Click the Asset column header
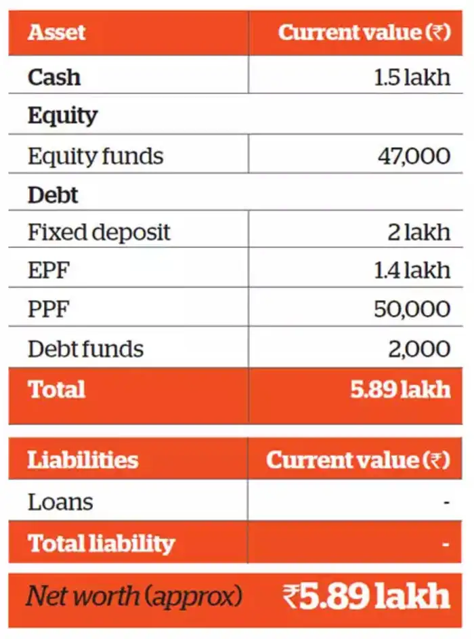click(x=57, y=33)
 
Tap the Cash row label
click(x=54, y=77)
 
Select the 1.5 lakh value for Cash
click(x=412, y=77)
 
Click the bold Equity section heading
click(x=62, y=116)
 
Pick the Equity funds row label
click(x=95, y=156)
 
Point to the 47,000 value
click(x=414, y=156)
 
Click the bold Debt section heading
click(x=53, y=195)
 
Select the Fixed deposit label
click(x=99, y=232)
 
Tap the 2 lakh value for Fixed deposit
click(x=418, y=232)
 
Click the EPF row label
click(x=49, y=270)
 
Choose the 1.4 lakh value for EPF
click(x=412, y=270)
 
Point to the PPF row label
click(x=49, y=309)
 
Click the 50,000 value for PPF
click(x=412, y=309)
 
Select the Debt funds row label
click(x=85, y=348)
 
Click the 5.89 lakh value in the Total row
click(x=400, y=390)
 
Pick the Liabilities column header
click(x=83, y=460)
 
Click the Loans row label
click(x=60, y=502)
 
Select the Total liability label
click(x=101, y=543)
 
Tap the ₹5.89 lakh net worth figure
click(x=366, y=596)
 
